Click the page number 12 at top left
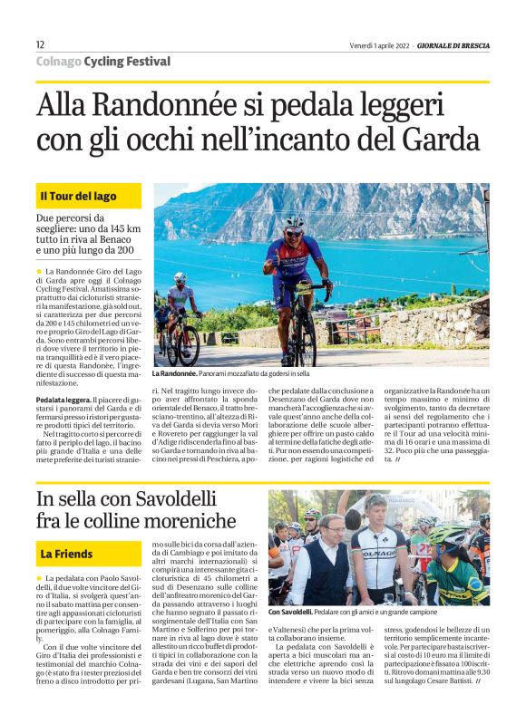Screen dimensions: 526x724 (40, 44)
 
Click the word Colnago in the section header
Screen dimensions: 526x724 (57, 62)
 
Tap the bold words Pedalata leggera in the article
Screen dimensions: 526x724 (63, 399)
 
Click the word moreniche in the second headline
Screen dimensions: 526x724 (207, 524)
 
